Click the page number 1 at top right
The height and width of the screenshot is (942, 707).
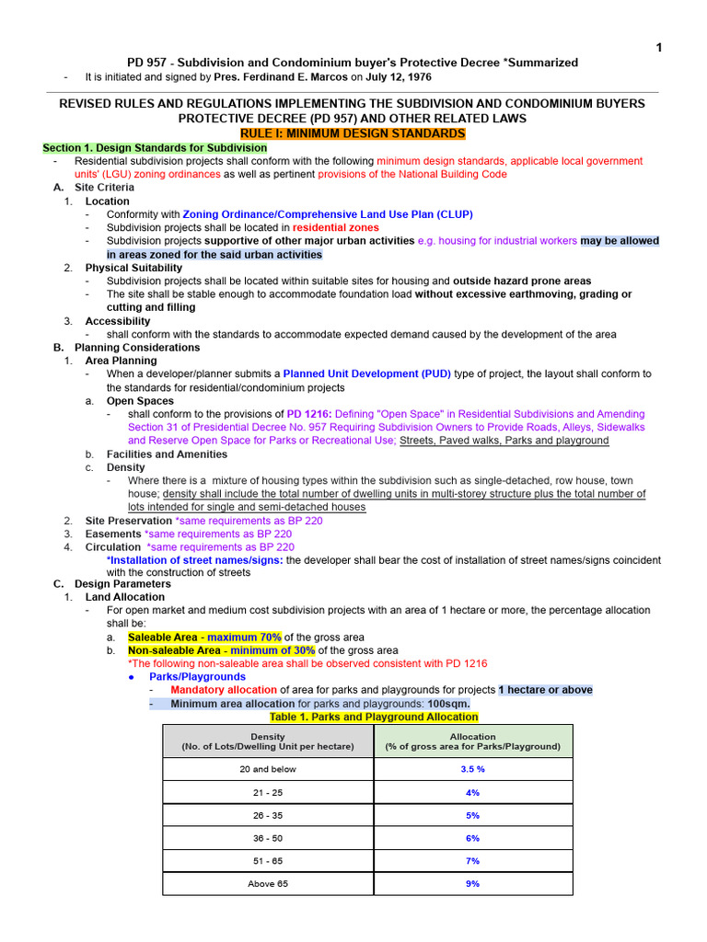pos(658,48)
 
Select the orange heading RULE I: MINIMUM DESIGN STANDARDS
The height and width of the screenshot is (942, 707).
pos(353,133)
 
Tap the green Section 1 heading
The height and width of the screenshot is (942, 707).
pos(155,147)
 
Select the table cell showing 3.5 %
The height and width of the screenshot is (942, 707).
pos(473,769)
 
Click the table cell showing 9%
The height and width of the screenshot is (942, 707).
pos(473,884)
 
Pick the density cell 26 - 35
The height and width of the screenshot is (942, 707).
pos(268,815)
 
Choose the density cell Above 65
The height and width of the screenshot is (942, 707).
pos(268,884)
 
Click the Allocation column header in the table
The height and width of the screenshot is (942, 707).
pos(473,741)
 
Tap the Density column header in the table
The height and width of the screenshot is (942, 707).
pos(268,741)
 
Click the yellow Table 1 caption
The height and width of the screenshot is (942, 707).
pos(373,717)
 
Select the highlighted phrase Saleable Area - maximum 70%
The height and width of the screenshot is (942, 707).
pos(204,638)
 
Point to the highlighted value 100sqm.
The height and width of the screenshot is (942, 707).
pos(448,704)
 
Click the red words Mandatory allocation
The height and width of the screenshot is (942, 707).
pos(224,690)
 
